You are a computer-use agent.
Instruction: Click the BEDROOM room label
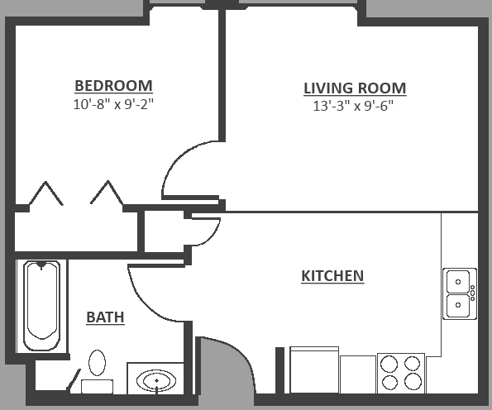click(x=113, y=85)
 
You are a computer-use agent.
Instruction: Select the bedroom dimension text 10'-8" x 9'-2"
click(x=113, y=104)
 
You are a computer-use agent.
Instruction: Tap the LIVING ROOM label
click(x=354, y=88)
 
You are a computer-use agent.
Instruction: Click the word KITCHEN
click(x=332, y=275)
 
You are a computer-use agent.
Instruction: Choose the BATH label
click(x=105, y=317)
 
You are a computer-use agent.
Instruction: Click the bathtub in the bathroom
click(x=41, y=306)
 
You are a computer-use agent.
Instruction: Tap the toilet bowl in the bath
click(x=98, y=365)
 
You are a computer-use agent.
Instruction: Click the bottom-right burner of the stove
click(x=413, y=382)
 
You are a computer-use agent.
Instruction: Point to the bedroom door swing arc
click(x=186, y=165)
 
